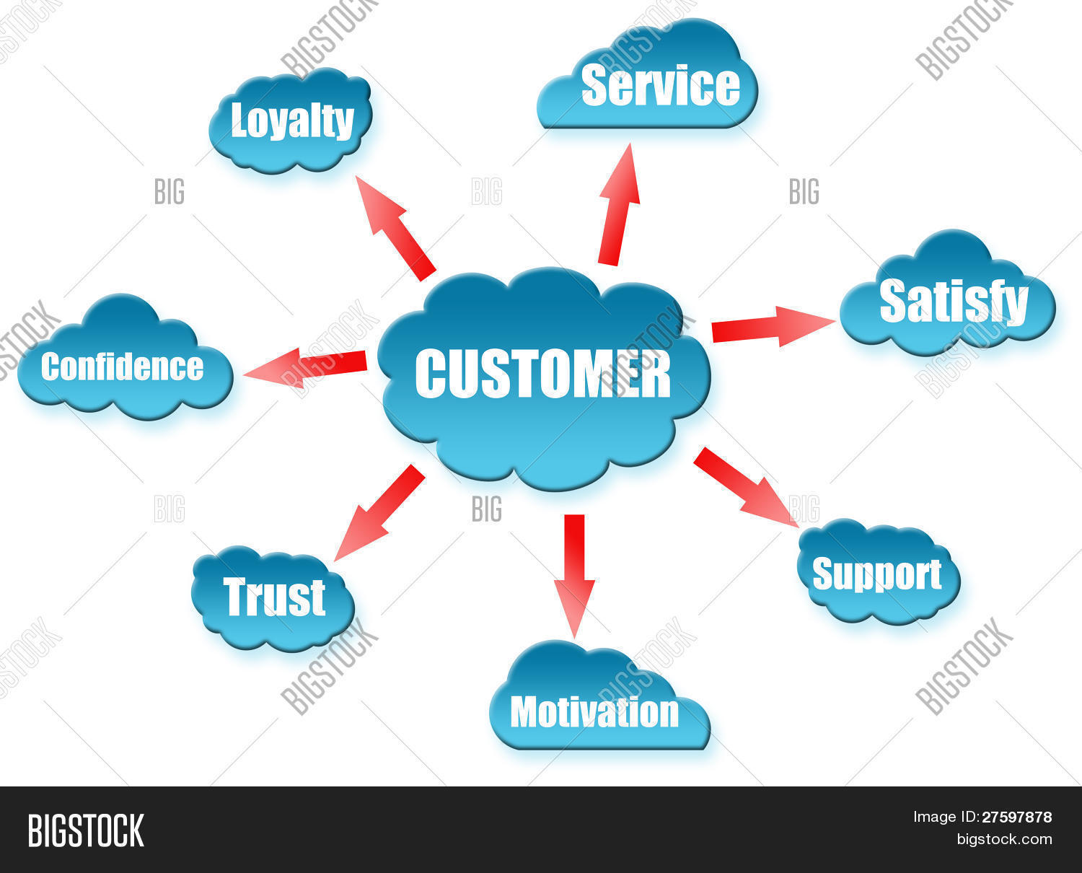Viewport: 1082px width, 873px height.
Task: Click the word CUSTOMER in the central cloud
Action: [x=542, y=374]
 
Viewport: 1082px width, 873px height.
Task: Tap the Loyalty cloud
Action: [x=291, y=121]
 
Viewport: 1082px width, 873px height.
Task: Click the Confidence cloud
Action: [x=123, y=367]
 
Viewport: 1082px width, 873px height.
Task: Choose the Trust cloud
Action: [x=274, y=597]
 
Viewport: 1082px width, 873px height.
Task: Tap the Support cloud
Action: [x=877, y=574]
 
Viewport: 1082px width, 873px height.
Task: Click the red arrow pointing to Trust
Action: [x=379, y=512]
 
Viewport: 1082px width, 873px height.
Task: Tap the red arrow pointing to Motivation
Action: [x=574, y=574]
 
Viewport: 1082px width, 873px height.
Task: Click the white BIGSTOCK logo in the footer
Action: [x=86, y=830]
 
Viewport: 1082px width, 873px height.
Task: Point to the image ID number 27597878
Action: [x=1016, y=817]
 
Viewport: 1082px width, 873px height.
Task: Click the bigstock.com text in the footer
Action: [x=1004, y=839]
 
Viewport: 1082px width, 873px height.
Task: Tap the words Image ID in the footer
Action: [x=945, y=817]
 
